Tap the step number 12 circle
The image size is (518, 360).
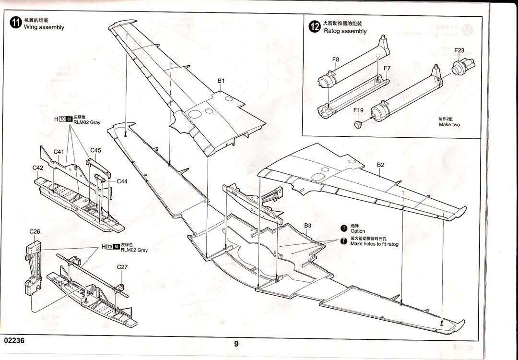(315, 27)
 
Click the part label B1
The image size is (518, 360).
(221, 81)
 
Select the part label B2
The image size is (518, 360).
(380, 165)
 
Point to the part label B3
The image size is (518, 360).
(308, 225)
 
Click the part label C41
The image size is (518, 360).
(59, 152)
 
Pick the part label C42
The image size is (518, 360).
(38, 168)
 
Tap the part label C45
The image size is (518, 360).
(95, 150)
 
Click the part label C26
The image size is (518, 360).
(35, 231)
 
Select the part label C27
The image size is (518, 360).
(122, 267)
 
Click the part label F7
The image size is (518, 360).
(387, 68)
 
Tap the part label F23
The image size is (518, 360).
(459, 50)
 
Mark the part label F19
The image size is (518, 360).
(358, 110)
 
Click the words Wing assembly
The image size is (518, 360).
(44, 27)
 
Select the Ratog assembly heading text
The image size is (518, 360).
(345, 31)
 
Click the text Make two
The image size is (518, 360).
(449, 125)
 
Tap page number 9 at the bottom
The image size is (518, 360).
(236, 343)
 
